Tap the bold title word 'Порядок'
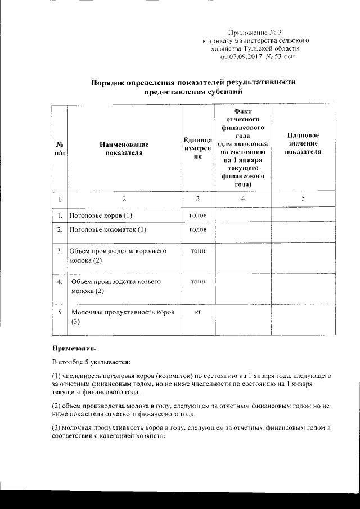111,83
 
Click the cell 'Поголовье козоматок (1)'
107,229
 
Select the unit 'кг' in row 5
197,312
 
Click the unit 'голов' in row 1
197,215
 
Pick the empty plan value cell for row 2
303,229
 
